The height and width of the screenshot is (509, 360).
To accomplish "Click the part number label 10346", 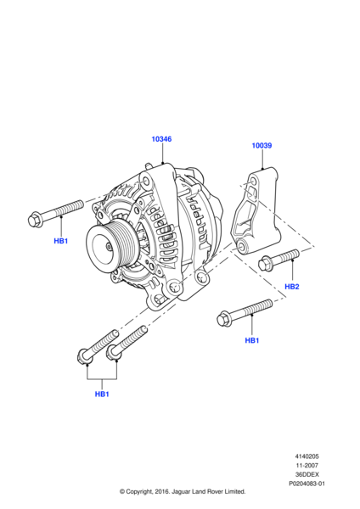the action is pyautogui.click(x=161, y=139).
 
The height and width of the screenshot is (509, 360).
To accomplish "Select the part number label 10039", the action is pyautogui.click(x=262, y=145).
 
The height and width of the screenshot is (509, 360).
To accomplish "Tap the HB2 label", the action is pyautogui.click(x=292, y=287).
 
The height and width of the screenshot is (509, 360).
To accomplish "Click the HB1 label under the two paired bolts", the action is pyautogui.click(x=102, y=394).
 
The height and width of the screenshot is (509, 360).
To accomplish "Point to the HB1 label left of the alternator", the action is pyautogui.click(x=61, y=241).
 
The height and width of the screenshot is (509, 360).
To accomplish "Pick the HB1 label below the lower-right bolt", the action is pyautogui.click(x=252, y=340).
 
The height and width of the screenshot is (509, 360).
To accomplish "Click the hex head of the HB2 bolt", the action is pyautogui.click(x=264, y=263).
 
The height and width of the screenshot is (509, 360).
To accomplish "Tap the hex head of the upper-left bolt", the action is pyautogui.click(x=35, y=220).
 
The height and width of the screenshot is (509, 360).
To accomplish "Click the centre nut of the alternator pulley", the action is pyautogui.click(x=109, y=248).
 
